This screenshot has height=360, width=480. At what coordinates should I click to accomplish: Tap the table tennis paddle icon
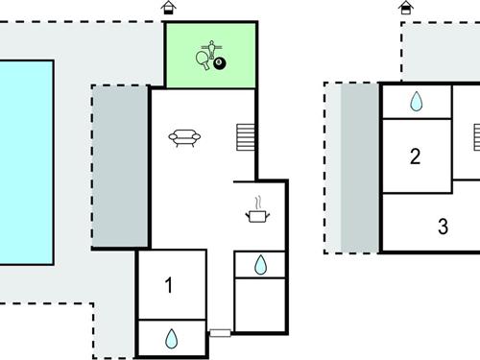click(204, 60)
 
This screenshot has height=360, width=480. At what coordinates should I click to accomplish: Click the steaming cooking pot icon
click(257, 213)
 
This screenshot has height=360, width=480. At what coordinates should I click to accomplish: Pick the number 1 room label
click(170, 285)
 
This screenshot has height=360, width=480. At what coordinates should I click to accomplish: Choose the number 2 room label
click(416, 156)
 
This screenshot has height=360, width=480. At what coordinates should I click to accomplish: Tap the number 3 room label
click(443, 228)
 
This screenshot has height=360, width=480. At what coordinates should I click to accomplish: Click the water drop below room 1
click(172, 338)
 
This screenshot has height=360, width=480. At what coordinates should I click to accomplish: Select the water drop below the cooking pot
click(260, 264)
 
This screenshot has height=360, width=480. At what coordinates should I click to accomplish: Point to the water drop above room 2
click(417, 101)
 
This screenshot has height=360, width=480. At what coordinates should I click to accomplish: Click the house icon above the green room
click(169, 8)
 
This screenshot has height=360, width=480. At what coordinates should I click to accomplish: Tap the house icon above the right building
click(407, 8)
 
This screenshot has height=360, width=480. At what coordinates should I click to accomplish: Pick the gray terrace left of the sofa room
click(120, 168)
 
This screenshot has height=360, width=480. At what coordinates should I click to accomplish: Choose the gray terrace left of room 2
click(360, 168)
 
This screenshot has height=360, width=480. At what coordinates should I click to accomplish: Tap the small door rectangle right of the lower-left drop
click(221, 333)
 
